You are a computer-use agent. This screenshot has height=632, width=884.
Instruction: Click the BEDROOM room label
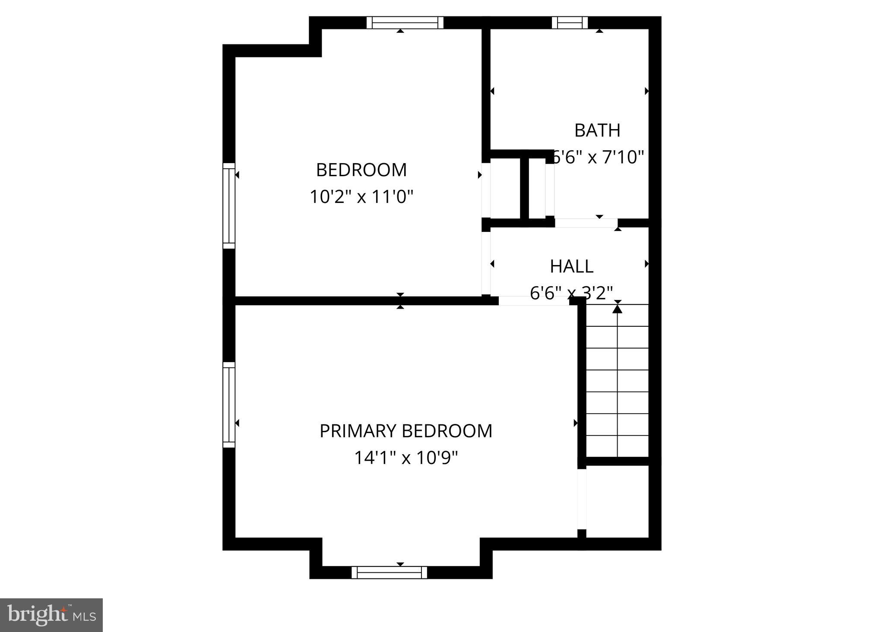tap(361, 170)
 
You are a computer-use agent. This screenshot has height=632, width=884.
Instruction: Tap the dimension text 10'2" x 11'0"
tap(361, 197)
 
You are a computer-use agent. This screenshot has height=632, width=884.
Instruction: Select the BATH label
tap(597, 130)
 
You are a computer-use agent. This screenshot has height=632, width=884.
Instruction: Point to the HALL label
tap(571, 266)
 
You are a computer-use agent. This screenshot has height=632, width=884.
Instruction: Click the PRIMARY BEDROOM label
tap(406, 431)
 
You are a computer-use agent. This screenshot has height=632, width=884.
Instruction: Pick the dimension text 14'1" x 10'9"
tap(406, 458)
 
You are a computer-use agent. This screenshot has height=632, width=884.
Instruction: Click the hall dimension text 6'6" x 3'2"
tap(571, 293)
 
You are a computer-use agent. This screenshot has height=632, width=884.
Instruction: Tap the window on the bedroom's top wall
tap(405, 22)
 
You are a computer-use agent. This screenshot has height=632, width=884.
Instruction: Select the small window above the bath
tap(570, 22)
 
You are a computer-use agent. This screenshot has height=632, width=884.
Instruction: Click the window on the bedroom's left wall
tap(229, 206)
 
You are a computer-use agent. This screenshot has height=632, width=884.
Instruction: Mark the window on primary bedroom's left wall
tap(229, 405)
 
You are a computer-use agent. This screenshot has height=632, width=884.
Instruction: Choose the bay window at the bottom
tap(389, 572)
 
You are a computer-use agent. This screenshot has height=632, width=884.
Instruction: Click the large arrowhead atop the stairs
tap(618, 309)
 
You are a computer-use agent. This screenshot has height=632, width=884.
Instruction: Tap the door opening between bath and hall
tap(586, 223)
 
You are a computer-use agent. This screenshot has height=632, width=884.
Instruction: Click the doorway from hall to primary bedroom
tap(534, 301)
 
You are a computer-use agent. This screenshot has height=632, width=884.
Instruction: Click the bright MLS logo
tap(51, 615)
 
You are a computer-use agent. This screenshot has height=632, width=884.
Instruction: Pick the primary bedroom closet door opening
tap(582, 499)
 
